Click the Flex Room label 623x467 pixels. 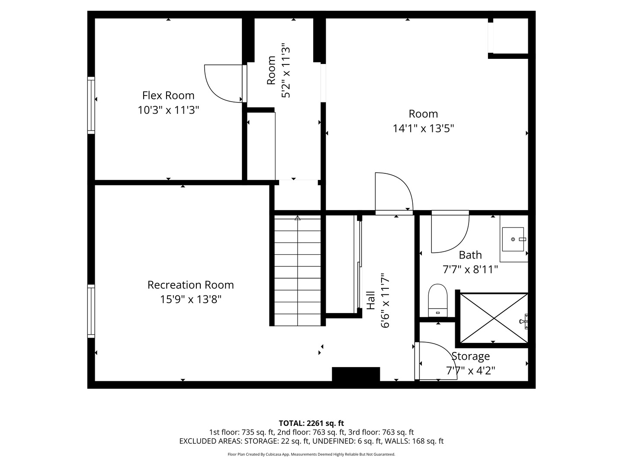168,95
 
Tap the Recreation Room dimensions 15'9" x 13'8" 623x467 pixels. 190,299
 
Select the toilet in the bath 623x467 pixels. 437,300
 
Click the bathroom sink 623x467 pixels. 514,239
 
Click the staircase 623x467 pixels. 297,272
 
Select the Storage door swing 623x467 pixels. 435,361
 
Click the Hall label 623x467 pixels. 371,300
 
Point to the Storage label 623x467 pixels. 471,356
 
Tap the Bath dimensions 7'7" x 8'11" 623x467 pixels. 470,269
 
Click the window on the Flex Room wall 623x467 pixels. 91,105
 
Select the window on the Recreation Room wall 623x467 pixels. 91,311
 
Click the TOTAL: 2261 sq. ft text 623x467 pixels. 311,423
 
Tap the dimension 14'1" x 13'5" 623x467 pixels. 423,128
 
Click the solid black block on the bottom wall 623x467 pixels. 356,374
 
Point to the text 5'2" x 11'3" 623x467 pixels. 286,70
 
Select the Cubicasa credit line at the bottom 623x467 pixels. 311,454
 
